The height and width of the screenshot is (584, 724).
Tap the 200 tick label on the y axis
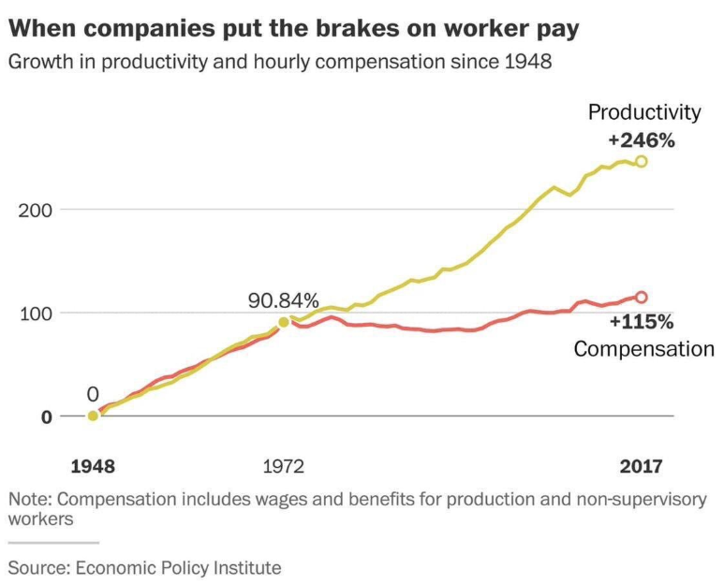35,209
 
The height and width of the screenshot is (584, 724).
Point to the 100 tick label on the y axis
35,313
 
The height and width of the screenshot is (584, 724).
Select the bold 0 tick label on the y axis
45,416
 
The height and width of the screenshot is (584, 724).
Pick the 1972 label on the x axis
284,465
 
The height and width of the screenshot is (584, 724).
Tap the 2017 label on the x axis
641,465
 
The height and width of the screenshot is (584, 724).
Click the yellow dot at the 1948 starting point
93,416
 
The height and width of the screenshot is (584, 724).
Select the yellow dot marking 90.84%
284,323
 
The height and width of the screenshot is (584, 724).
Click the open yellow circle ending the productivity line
642,162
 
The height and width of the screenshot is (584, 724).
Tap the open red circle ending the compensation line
642,298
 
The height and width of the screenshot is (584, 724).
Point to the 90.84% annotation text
283,301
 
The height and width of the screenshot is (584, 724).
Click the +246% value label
642,140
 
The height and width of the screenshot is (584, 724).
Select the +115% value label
642,323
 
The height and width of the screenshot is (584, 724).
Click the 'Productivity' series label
643,113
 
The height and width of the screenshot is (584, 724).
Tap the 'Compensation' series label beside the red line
643,349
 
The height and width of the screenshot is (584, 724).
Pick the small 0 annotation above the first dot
93,394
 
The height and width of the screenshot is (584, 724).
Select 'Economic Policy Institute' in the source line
178,567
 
